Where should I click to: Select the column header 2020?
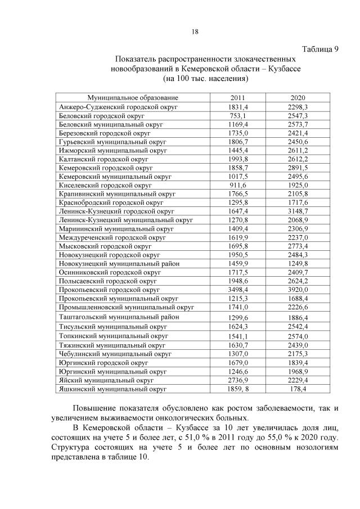[x=298, y=98]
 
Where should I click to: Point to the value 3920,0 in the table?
[x=298, y=289]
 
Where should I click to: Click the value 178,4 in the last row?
[x=298, y=389]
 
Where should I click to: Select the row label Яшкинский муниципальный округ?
[x=112, y=389]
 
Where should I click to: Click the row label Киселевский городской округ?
[x=105, y=185]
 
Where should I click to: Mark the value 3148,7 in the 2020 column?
[x=298, y=211]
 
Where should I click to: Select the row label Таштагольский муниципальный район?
[x=119, y=317]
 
